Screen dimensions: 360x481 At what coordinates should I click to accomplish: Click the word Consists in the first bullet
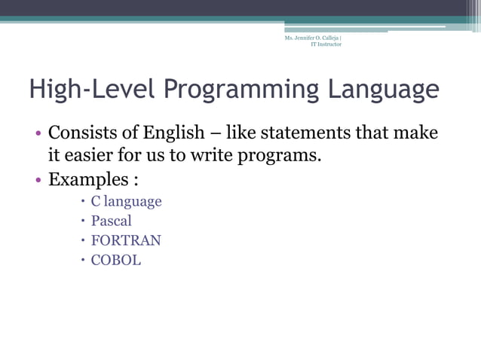(82, 133)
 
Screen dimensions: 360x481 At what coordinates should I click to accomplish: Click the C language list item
(126, 201)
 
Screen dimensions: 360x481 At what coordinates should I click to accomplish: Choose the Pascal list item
(111, 221)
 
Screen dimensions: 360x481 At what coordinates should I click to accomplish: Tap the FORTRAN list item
(126, 241)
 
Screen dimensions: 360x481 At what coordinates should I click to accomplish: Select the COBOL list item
(116, 261)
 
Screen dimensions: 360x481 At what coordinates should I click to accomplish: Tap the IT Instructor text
(326, 44)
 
